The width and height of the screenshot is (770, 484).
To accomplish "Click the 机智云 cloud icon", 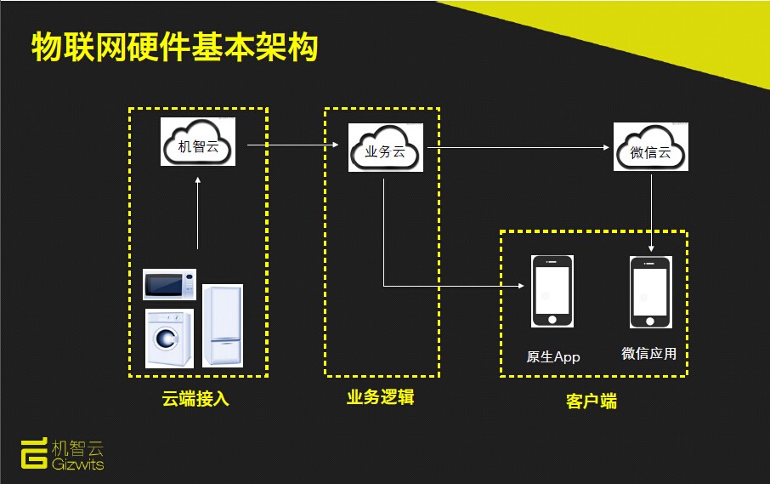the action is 198,141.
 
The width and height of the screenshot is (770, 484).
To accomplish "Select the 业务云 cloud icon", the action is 386,147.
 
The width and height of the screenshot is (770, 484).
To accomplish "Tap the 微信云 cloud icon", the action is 651,147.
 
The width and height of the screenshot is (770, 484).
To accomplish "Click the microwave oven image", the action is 169,284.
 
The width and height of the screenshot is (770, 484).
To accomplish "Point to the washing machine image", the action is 169,338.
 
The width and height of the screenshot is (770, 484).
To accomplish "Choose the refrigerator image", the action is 223,325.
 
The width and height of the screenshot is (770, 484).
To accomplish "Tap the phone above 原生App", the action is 552,291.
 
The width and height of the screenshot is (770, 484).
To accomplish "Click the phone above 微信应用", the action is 651,292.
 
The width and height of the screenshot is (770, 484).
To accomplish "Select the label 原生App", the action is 553,356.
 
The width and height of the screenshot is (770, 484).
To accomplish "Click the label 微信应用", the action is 648,353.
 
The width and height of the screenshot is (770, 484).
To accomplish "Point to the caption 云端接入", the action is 195,398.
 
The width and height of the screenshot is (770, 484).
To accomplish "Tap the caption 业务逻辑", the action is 380,397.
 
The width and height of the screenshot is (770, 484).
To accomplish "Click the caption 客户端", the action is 592,401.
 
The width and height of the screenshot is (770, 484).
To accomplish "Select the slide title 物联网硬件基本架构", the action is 175,47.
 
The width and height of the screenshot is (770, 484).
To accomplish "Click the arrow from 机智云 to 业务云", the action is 292,145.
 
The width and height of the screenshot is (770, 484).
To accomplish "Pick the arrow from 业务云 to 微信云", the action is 518,147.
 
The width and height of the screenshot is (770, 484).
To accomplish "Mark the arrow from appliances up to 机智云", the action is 198,213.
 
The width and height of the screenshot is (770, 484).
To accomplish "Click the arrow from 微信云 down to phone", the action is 651,213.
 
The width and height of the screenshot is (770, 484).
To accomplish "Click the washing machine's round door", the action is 166,339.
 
